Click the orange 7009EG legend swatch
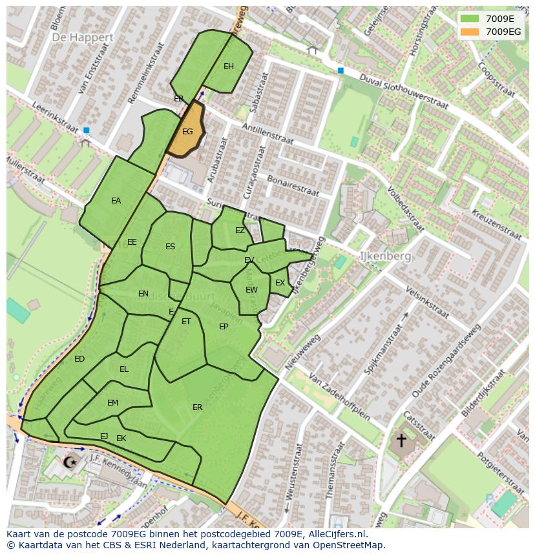tap(471, 32)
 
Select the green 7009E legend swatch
tap(471, 19)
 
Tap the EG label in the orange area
tap(187, 132)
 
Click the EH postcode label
tap(229, 67)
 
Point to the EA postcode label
tap(116, 201)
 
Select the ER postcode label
tap(198, 407)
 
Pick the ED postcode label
tap(79, 359)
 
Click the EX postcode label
tap(280, 283)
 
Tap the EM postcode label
tap(112, 403)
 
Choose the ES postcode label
tap(170, 247)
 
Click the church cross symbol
tap(401, 440)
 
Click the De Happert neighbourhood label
tap(83, 37)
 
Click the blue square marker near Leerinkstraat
tap(87, 130)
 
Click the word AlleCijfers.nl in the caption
tap(336, 535)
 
